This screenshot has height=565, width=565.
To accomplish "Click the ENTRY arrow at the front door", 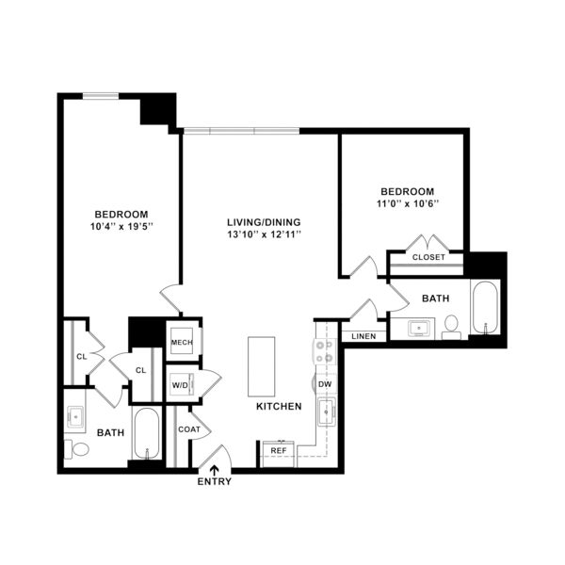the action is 215,469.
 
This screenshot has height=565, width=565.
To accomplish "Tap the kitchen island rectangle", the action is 261,366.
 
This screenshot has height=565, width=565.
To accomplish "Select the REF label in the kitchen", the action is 279,450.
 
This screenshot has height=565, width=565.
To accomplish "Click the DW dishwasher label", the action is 325,384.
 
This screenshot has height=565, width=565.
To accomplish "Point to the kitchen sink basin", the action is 327,412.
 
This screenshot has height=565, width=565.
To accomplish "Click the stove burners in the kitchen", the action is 324,351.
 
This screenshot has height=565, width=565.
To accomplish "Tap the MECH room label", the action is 182,343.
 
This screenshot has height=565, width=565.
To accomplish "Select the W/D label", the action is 180,385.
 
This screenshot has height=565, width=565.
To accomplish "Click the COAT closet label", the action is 189,429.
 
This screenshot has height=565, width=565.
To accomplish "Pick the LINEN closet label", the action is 363,336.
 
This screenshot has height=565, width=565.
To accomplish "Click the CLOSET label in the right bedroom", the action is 428,257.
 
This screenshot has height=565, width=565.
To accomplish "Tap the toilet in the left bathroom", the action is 77,449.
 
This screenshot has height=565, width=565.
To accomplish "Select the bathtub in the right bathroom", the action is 485,307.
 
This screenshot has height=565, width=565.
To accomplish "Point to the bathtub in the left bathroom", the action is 147,433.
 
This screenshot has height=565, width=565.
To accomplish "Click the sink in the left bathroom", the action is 75,417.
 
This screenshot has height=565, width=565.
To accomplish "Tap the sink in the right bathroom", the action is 419,329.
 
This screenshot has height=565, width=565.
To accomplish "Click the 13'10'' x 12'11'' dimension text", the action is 264,234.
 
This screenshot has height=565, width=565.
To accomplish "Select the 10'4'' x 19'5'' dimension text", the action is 121,227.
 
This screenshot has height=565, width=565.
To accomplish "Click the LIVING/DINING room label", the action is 264,222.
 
